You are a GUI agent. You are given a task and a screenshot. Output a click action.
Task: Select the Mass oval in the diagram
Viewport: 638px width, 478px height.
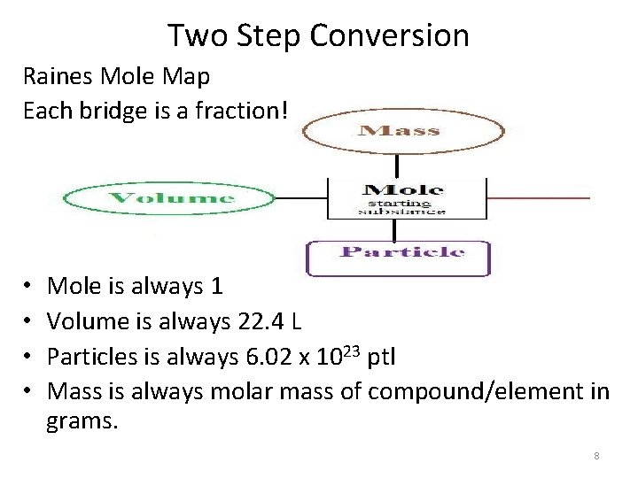[x=397, y=131]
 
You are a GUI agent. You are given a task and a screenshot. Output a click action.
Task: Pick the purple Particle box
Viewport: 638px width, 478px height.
[x=398, y=256]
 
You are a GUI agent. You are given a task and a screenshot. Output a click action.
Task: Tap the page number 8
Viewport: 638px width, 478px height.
[x=596, y=456]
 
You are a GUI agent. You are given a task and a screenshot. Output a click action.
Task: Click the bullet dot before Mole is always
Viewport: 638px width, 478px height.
[x=29, y=287]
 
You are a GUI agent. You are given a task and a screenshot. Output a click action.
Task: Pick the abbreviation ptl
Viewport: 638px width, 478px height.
[x=380, y=356]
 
